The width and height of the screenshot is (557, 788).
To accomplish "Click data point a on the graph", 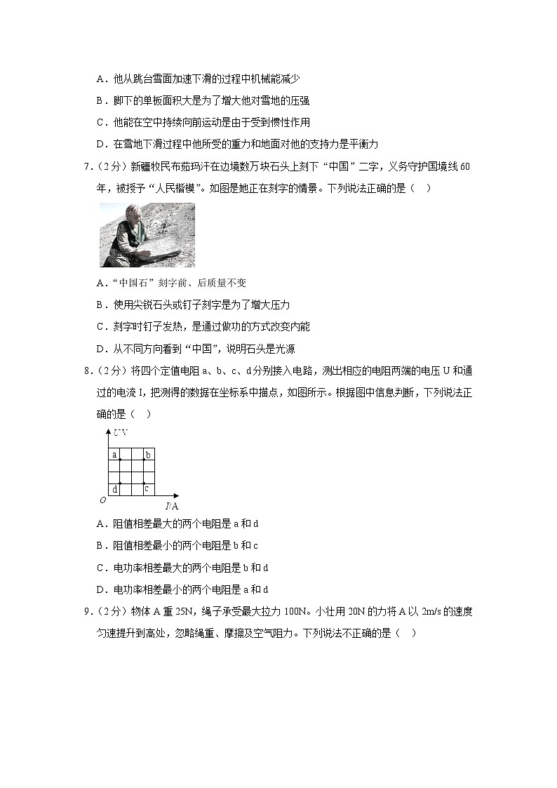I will (x=120, y=460).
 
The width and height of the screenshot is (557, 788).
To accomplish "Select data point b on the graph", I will (x=143, y=460).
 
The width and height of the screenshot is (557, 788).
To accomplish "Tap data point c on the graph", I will (x=143, y=483).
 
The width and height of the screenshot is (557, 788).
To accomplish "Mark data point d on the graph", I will (x=120, y=483).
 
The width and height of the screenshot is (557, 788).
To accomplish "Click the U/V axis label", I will (x=121, y=432).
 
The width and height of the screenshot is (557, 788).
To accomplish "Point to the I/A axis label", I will (x=171, y=505).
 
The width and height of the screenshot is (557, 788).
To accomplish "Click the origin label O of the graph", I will (x=102, y=499).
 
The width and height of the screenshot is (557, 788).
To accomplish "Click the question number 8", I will (x=86, y=370).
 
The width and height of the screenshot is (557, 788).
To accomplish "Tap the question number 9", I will (x=86, y=611).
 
